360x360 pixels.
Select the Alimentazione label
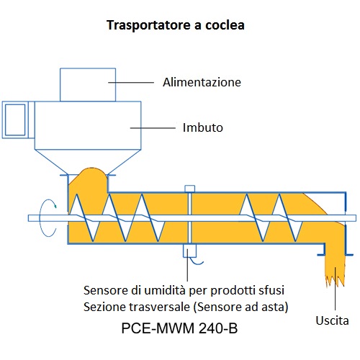202,82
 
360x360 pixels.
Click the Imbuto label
203,127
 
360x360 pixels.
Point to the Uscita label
332,320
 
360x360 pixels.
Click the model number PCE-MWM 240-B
179,328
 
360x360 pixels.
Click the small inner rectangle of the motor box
15,120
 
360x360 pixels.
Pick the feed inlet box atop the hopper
88,85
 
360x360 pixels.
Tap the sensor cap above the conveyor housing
189,189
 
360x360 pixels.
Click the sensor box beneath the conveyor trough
189,251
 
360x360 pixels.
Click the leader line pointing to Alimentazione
131,82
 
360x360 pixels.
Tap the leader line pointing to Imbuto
153,128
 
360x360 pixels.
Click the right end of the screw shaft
356,218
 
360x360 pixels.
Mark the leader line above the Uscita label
335,288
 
